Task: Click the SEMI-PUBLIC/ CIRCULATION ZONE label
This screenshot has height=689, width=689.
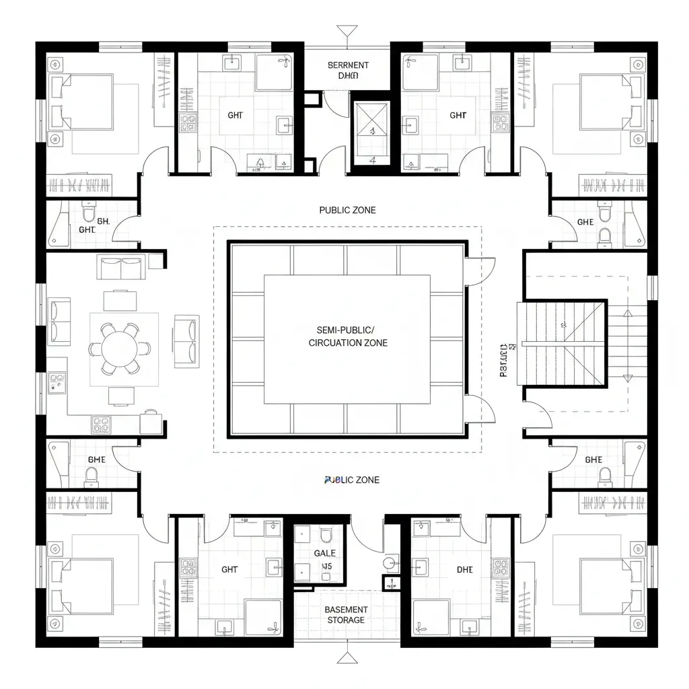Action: (347, 336)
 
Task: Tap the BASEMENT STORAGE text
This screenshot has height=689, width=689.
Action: (346, 614)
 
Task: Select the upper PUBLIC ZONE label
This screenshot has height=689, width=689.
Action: (347, 210)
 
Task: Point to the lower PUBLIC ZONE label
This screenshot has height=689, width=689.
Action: (351, 480)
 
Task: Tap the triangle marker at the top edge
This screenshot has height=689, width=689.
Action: (347, 30)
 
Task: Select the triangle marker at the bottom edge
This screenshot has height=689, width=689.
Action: (346, 657)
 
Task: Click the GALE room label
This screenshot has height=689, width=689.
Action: (324, 553)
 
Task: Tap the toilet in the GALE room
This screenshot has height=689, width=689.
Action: (326, 535)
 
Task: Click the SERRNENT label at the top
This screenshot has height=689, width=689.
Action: (348, 65)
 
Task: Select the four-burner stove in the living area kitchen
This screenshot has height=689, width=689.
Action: (101, 424)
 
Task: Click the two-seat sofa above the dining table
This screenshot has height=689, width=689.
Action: (120, 267)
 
